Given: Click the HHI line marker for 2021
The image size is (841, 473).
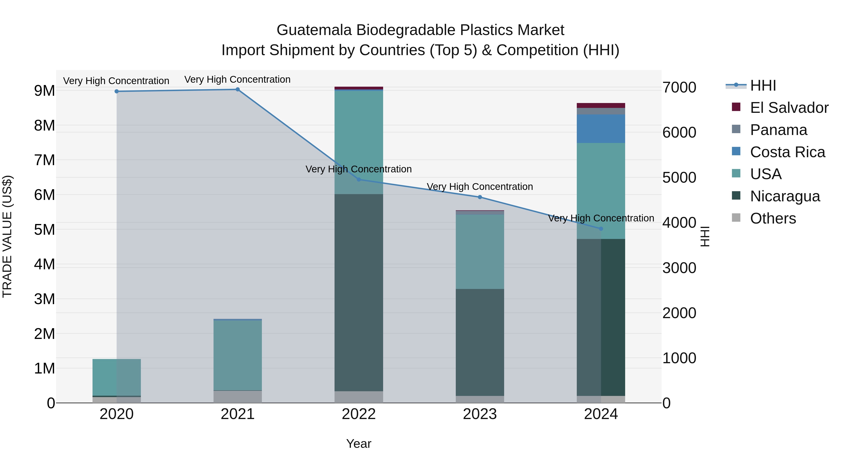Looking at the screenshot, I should point(238,89).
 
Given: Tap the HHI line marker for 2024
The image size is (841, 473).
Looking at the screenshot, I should point(601,229).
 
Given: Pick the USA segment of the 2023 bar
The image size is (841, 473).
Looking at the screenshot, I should point(480,252).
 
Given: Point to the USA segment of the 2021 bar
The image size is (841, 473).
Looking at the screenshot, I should point(238,355).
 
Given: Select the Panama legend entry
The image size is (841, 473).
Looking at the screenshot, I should point(778,130).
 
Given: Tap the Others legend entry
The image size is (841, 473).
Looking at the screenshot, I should point(773,218).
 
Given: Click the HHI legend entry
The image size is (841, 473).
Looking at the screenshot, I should point(763,85).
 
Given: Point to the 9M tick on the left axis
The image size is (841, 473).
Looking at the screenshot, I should point(44,91).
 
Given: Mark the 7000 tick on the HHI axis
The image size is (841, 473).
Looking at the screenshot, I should point(679,88).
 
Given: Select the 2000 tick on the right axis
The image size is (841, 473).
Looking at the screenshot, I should point(679,313).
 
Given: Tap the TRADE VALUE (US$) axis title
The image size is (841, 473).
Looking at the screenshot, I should point(7,236).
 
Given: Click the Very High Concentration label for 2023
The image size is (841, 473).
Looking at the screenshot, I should point(480,187).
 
